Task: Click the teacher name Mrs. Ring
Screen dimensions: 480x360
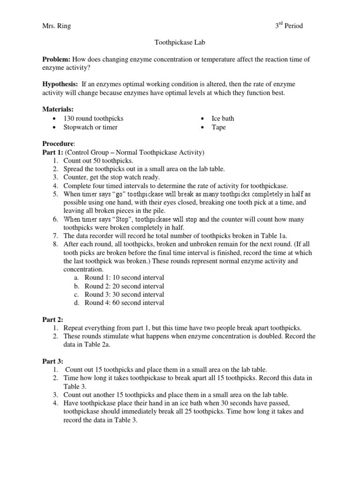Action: (x=56, y=26)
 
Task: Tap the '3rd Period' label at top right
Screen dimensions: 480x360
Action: (x=289, y=26)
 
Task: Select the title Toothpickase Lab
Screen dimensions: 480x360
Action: (x=180, y=43)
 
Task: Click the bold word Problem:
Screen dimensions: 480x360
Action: (x=56, y=60)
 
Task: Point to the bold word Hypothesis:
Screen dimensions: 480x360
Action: (x=60, y=84)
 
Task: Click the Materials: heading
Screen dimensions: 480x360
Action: (x=58, y=110)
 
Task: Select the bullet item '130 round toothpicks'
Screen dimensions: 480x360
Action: (x=94, y=119)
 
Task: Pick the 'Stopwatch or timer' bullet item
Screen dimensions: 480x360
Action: (x=90, y=127)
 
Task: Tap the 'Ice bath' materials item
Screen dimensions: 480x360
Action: (x=223, y=119)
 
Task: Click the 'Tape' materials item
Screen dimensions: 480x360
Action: (x=218, y=127)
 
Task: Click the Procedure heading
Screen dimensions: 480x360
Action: (x=58, y=144)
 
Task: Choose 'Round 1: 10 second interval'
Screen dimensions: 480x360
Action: (x=124, y=278)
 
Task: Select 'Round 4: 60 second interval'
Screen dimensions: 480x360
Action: (x=124, y=303)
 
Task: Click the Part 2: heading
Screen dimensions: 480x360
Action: (x=52, y=319)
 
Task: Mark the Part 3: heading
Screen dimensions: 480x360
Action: (x=52, y=361)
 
